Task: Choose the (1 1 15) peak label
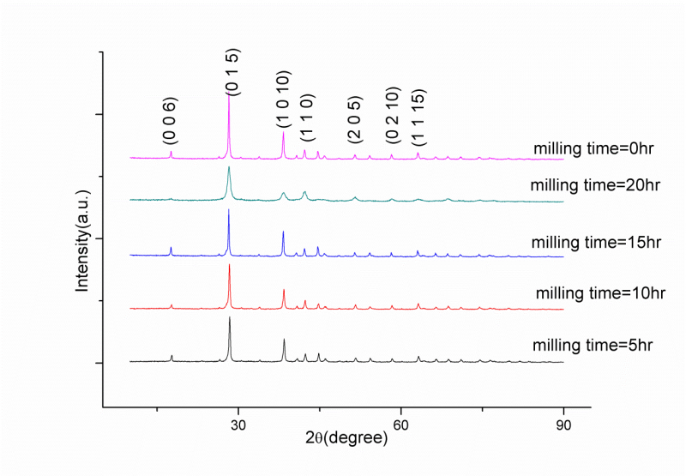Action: point(418,117)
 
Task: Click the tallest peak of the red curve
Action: point(229,264)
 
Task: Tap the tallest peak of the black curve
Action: point(229,317)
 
